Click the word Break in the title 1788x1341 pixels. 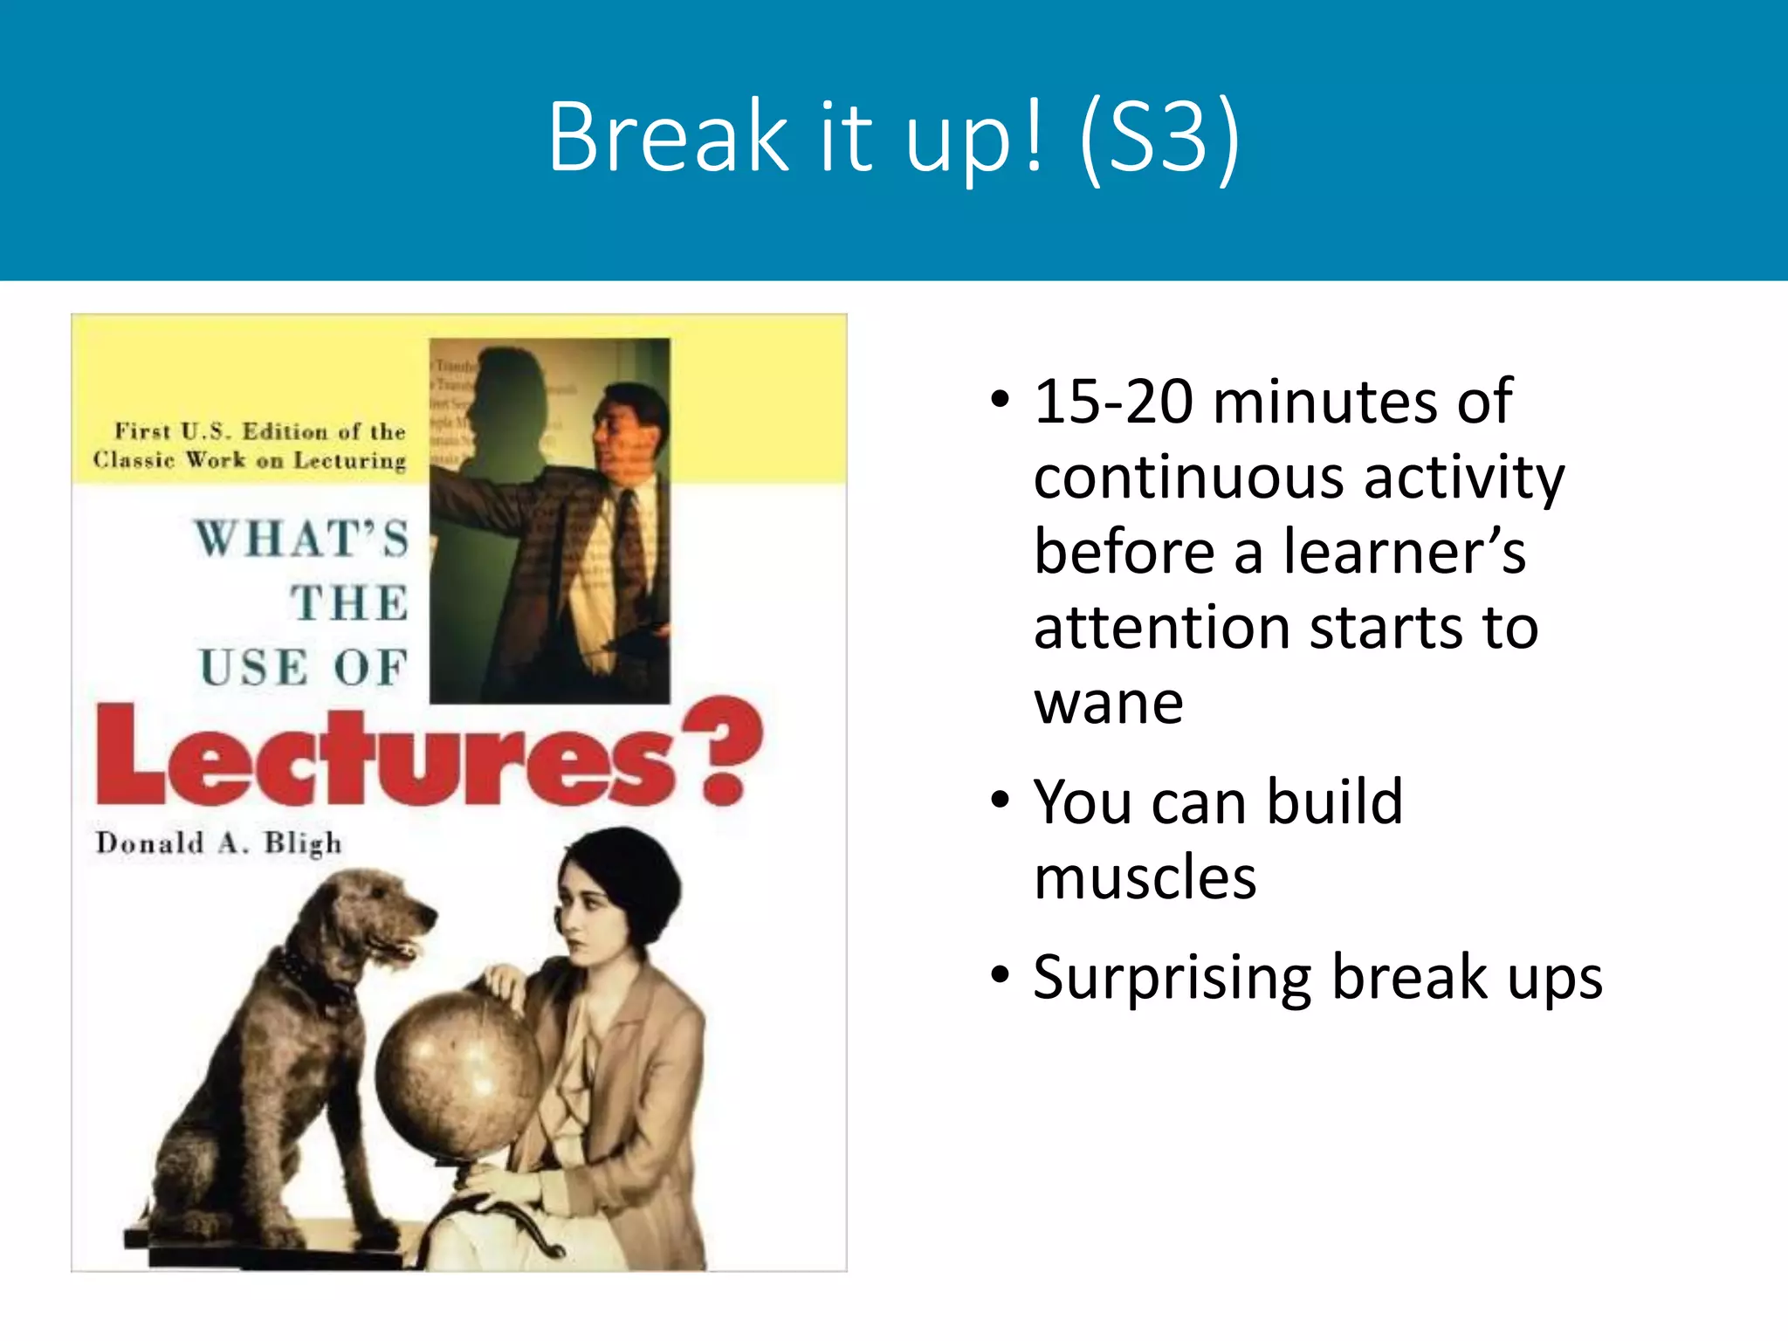pyautogui.click(x=668, y=137)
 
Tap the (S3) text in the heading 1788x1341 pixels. pyautogui.click(x=1159, y=137)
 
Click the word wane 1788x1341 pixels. pyautogui.click(x=1108, y=703)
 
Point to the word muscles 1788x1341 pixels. pyautogui.click(x=1145, y=877)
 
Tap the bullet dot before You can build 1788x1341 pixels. pyautogui.click(x=1001, y=800)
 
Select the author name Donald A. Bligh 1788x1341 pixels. pyautogui.click(x=218, y=843)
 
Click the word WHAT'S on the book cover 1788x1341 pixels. pyautogui.click(x=302, y=538)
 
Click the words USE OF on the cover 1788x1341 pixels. pyautogui.click(x=304, y=669)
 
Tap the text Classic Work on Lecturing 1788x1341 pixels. pyautogui.click(x=250, y=460)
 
